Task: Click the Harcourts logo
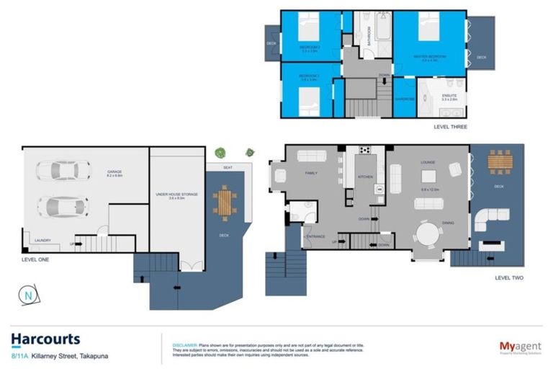click(x=45, y=339)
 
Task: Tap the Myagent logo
click(x=520, y=347)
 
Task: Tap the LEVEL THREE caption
click(x=450, y=127)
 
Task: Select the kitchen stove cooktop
click(x=364, y=151)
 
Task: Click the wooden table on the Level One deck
click(x=224, y=202)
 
